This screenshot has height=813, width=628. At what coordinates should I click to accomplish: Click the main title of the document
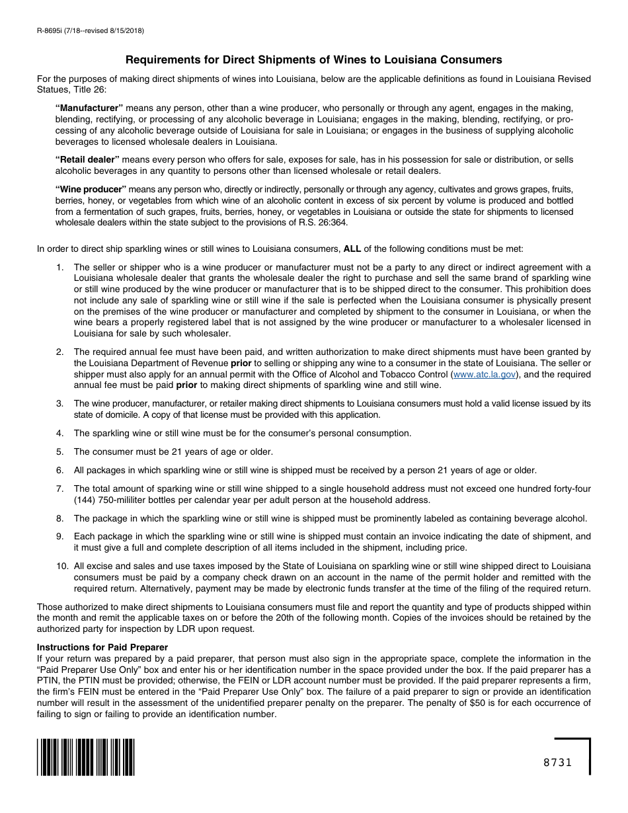[314, 59]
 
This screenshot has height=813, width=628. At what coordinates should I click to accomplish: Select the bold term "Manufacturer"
[89, 108]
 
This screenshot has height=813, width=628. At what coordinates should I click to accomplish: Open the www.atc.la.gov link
[484, 374]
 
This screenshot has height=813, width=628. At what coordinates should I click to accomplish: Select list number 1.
[59, 267]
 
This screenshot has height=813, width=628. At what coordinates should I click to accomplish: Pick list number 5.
[59, 451]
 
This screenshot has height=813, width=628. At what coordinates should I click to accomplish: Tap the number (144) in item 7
[85, 500]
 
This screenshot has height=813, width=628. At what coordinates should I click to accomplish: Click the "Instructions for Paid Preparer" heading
[102, 647]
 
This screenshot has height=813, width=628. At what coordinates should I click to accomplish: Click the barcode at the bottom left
[86, 757]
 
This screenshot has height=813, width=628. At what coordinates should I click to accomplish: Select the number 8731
[557, 762]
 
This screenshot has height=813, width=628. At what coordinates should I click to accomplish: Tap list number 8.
[59, 518]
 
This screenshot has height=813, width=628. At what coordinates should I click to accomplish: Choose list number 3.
[59, 403]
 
